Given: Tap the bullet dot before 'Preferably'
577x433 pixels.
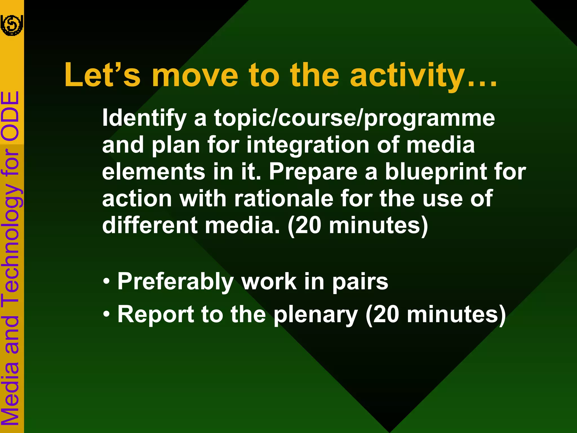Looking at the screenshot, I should [x=106, y=282].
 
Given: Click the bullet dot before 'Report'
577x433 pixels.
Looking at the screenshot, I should [x=106, y=314].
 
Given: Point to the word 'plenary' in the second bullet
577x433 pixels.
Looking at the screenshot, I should [x=316, y=315].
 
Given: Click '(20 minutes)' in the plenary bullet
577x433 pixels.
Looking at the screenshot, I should [x=435, y=315].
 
